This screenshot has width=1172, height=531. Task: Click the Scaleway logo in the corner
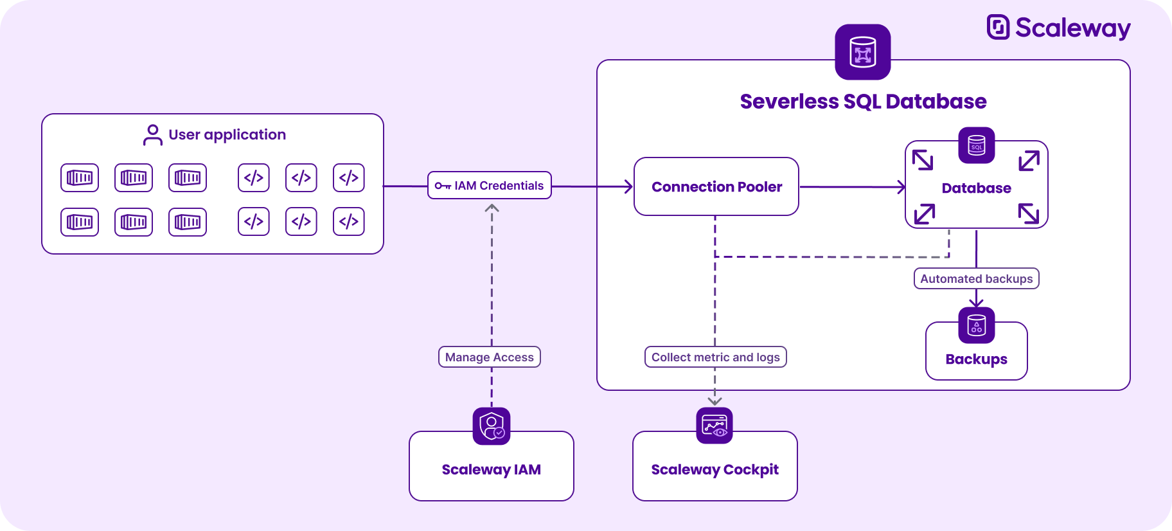pos(1058,28)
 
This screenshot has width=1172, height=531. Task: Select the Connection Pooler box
pos(716,186)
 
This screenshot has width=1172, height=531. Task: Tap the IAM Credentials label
pos(490,186)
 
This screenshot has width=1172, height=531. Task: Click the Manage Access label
pos(489,357)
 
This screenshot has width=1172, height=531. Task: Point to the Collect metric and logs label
pos(715,357)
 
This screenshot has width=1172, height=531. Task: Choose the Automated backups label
pos(976,278)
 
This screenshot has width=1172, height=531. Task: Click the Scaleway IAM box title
pos(491,469)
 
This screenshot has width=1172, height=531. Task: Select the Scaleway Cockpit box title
pos(715,469)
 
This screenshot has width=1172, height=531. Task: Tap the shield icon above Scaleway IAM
pos(492,426)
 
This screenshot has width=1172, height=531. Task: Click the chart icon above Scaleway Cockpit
pos(715,426)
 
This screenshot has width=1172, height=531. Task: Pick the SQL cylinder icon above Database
pos(976,145)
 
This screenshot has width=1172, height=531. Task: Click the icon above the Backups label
pos(976,325)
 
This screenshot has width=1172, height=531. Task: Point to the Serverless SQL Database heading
pos(863,102)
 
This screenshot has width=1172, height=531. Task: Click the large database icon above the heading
pos(862,52)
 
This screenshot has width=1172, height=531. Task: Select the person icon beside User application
pos(152,135)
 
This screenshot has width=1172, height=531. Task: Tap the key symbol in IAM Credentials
pos(443,186)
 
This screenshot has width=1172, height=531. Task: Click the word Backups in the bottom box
pos(976,359)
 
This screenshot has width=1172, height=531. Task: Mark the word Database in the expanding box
pos(976,188)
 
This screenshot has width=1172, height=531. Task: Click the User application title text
pos(227,134)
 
